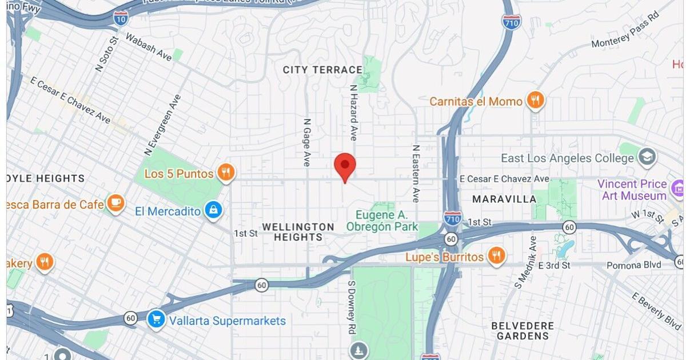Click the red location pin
pyautogui.click(x=345, y=166)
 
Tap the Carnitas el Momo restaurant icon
pyautogui.click(x=536, y=101)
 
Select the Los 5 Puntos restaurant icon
pyautogui.click(x=226, y=173)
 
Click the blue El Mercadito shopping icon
pyautogui.click(x=213, y=210)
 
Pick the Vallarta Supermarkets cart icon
pyautogui.click(x=155, y=319)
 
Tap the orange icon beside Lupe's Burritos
pyautogui.click(x=497, y=257)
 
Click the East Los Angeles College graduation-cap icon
pyautogui.click(x=647, y=157)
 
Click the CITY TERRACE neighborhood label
pyautogui.click(x=322, y=70)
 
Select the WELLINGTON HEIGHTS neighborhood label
pyautogui.click(x=298, y=231)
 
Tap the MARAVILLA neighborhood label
pyautogui.click(x=505, y=199)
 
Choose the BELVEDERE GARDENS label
pyautogui.click(x=523, y=330)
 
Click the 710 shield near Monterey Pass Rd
pyautogui.click(x=511, y=22)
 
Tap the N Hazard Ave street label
pyautogui.click(x=353, y=113)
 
